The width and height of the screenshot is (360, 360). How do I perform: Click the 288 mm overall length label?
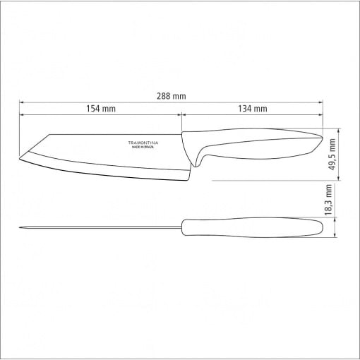(x=172, y=96)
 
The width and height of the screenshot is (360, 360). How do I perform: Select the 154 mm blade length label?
(x=101, y=109)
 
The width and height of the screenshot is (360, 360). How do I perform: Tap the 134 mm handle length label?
(x=253, y=109)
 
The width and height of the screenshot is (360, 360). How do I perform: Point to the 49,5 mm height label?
(x=332, y=155)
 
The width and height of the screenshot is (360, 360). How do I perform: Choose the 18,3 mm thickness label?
(x=328, y=200)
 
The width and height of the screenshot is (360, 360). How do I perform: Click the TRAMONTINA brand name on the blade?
(x=143, y=143)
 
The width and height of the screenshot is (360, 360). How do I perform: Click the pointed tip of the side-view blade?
(x=19, y=159)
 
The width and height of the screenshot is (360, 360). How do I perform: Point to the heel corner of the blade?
(x=187, y=181)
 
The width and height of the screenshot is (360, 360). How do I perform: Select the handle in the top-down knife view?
(x=253, y=227)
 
